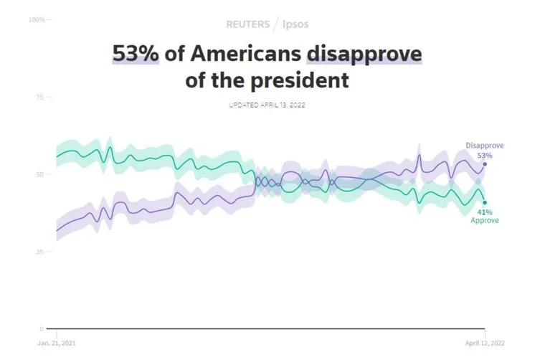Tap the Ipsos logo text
[x=294, y=24]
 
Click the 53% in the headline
[x=135, y=54]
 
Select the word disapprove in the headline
[x=364, y=54]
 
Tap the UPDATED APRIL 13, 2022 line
[x=266, y=105]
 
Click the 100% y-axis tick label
[x=37, y=19]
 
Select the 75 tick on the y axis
[x=40, y=97]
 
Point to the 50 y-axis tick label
[x=40, y=174]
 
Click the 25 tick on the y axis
[x=40, y=252]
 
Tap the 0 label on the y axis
[x=42, y=329]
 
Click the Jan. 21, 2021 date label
[x=57, y=343]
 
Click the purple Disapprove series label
[x=485, y=146]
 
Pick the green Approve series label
[x=485, y=220]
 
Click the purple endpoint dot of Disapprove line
[x=485, y=164]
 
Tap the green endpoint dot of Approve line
[x=485, y=202]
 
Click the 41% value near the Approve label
[x=485, y=212]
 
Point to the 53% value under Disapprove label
[x=485, y=155]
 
